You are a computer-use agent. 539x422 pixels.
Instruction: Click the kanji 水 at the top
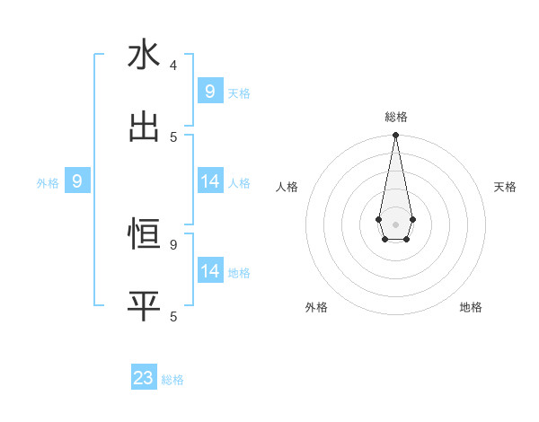coord(144,55)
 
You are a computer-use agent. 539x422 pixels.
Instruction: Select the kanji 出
coord(144,127)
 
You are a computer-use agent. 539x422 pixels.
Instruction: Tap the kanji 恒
coord(144,234)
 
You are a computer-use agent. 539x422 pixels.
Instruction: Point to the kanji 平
coord(144,306)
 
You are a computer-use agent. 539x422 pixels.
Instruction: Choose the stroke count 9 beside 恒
coord(173,244)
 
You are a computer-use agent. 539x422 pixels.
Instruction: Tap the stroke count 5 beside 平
coord(173,317)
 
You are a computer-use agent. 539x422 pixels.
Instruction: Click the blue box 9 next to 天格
coord(209,92)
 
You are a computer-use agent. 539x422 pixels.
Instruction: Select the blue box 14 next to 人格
coord(209,182)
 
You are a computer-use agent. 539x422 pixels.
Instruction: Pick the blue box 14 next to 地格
coord(209,271)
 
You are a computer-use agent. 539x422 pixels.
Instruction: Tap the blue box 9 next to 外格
coord(77,182)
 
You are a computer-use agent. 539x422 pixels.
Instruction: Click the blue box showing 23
coord(144,378)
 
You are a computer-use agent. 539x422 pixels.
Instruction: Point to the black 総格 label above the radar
coord(395,117)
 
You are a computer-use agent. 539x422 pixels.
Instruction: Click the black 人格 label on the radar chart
coord(287,187)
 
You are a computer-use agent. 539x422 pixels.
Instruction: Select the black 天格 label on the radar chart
coord(505,187)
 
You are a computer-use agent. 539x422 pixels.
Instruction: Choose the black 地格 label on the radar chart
coord(471,307)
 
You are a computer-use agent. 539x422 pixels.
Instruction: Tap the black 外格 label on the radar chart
coord(316,307)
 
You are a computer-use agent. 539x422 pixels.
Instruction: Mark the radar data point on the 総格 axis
coord(395,135)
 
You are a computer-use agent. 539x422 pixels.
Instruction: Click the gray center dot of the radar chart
coord(395,224)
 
